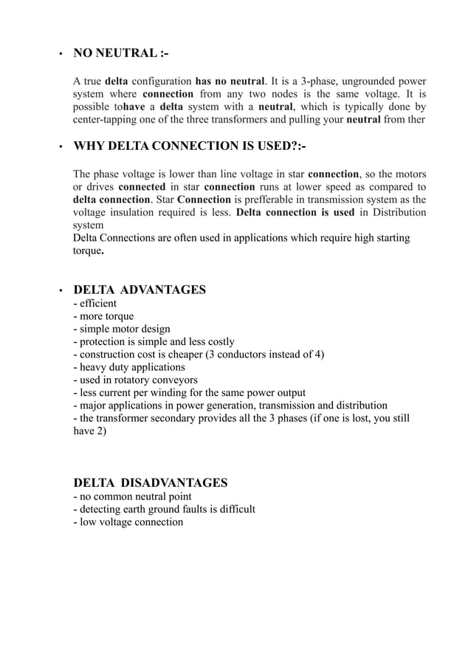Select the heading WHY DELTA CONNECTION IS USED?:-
190,146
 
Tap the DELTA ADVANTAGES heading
140,290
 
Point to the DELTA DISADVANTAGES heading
151,483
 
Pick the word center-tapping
108,120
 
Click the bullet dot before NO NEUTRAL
59,55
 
